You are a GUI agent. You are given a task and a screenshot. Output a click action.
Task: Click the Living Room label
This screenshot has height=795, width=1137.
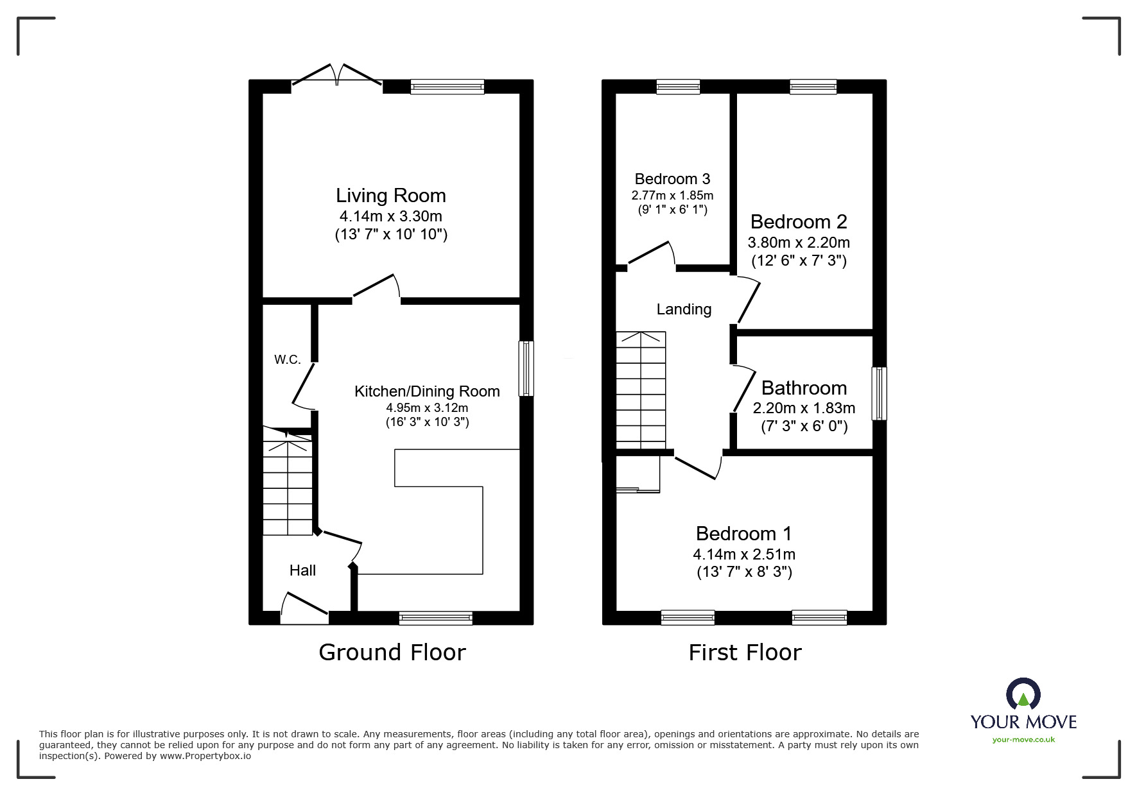tap(390, 196)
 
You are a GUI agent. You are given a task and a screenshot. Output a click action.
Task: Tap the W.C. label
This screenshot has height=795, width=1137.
tap(287, 359)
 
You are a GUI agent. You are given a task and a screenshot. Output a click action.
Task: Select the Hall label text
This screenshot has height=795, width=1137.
tap(302, 570)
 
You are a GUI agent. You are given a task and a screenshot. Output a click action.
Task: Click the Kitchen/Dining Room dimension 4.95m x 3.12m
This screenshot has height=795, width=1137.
tap(427, 407)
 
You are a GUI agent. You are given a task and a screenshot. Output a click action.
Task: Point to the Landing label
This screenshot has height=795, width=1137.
tap(684, 309)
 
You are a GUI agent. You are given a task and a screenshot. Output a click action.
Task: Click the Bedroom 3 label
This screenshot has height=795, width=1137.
tap(672, 179)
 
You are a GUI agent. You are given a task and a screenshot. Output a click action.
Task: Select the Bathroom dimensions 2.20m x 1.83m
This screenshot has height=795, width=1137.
tap(804, 408)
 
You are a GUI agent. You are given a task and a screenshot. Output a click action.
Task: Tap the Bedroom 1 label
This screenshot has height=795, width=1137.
tap(743, 533)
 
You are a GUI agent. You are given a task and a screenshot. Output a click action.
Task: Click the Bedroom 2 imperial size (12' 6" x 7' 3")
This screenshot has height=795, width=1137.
tap(799, 261)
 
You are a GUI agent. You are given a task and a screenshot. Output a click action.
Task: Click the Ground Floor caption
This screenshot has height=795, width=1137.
tap(392, 653)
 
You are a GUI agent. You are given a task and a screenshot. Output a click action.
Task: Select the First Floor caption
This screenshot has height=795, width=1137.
tap(745, 653)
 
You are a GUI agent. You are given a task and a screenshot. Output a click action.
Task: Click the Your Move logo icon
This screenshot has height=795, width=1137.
tap(1023, 695)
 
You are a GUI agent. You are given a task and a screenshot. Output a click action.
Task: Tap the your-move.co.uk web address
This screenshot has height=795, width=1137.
tap(1023, 740)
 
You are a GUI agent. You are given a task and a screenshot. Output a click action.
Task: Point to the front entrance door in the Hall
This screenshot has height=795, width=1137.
tap(304, 610)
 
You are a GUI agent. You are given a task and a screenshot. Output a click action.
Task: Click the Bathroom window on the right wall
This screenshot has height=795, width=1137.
tap(879, 393)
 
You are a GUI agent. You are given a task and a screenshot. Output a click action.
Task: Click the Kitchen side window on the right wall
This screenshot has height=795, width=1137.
tap(526, 368)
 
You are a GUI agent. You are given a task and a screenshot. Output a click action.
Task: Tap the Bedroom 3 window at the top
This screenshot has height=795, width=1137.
tap(678, 87)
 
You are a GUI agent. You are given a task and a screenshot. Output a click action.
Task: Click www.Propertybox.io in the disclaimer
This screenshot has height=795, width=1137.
tap(205, 756)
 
